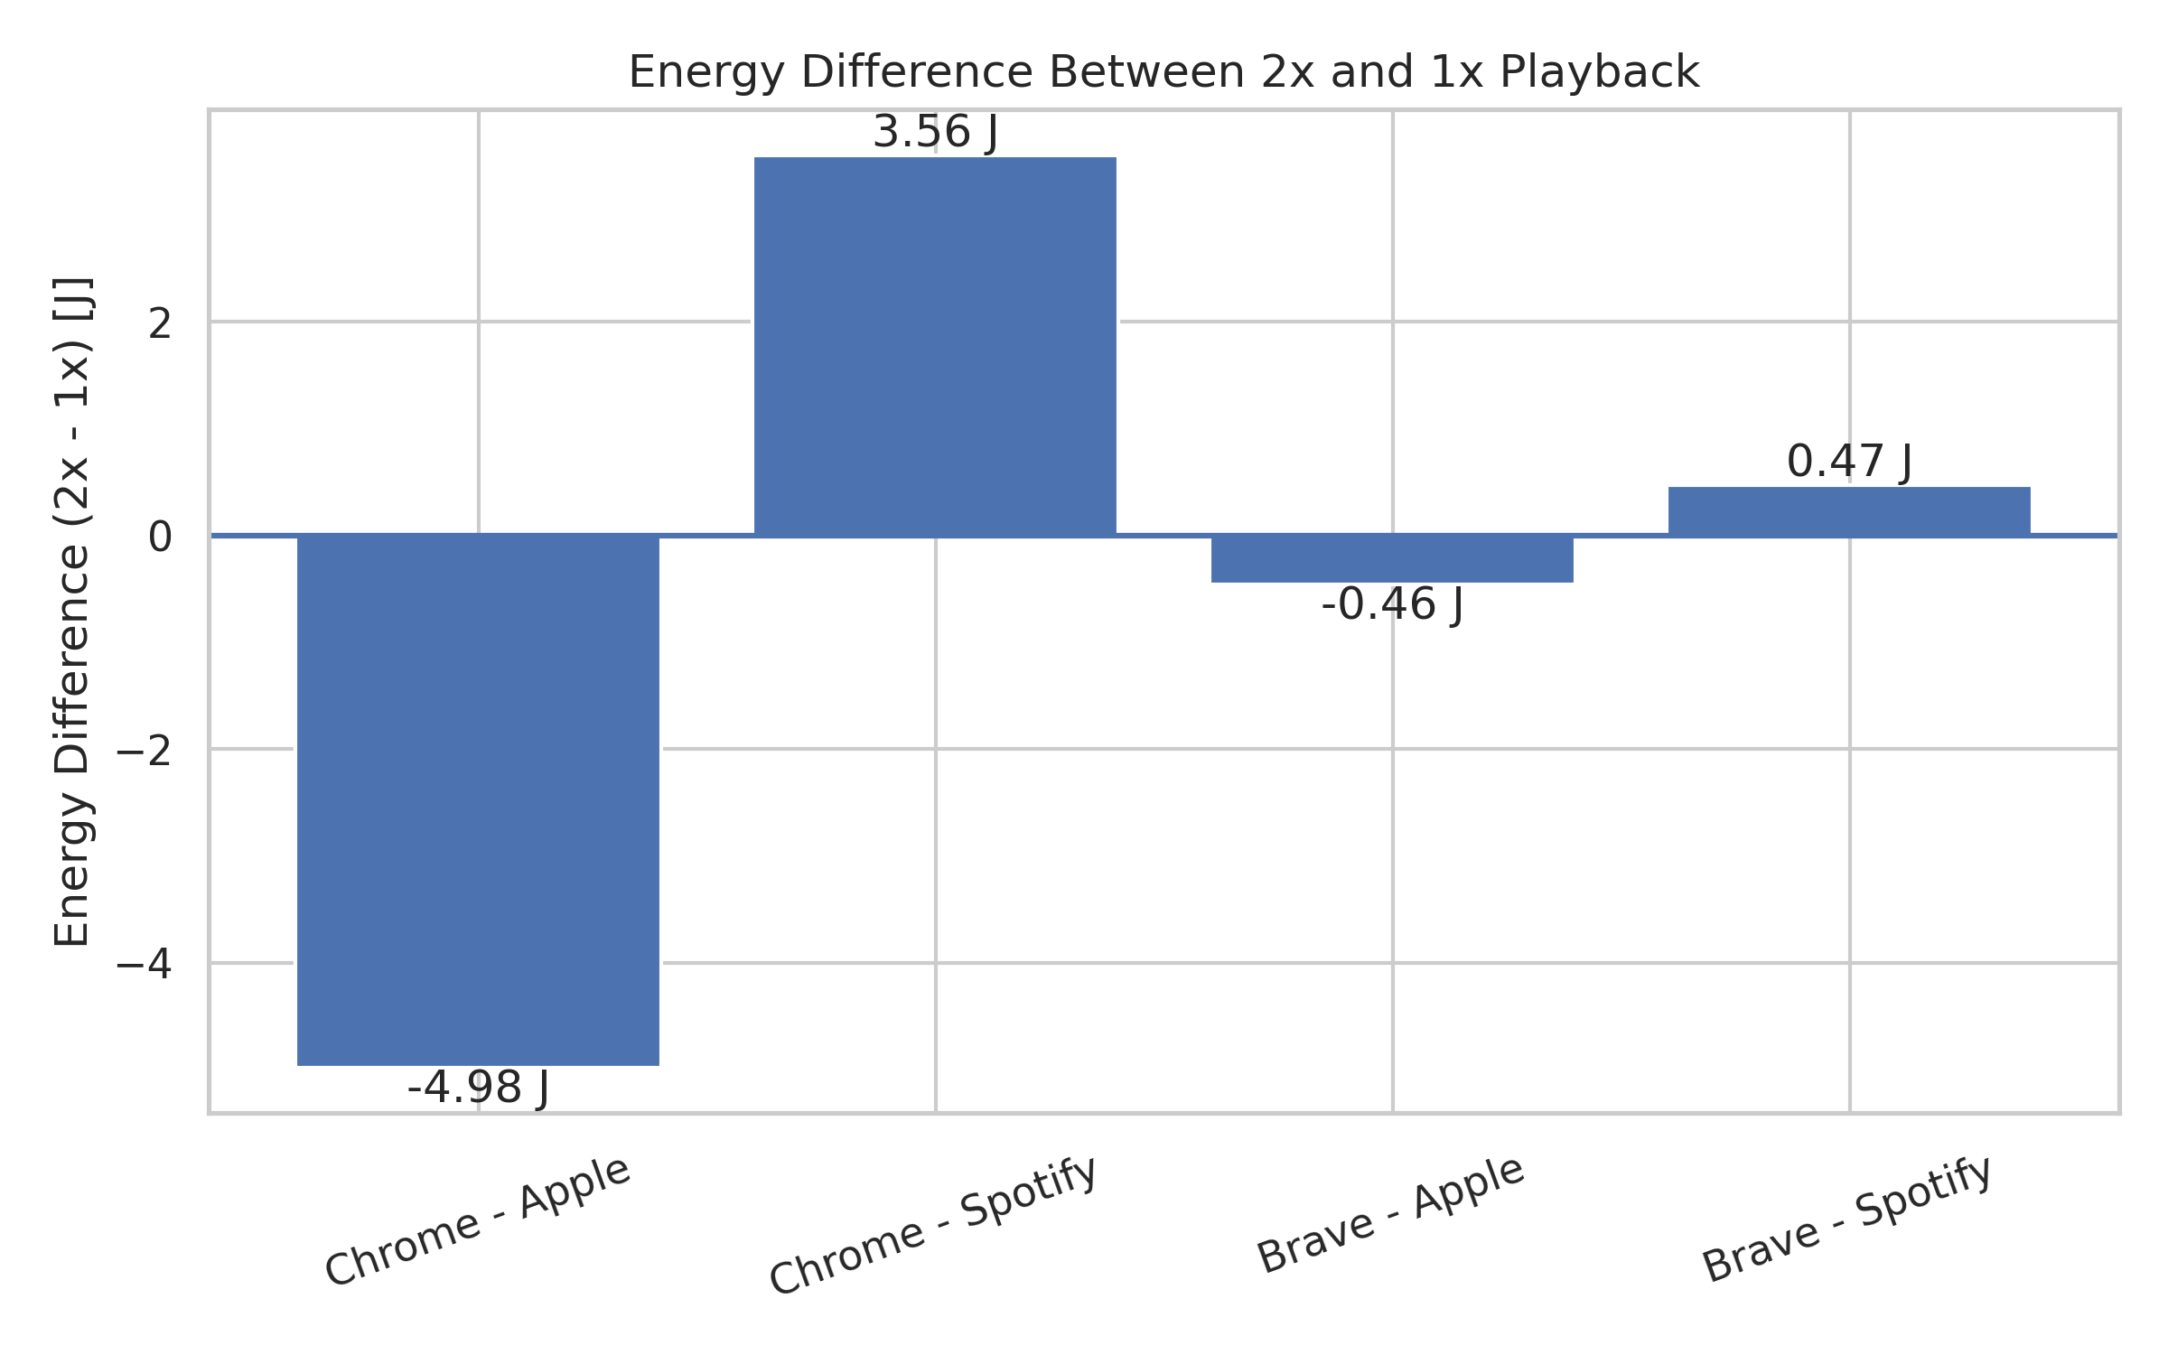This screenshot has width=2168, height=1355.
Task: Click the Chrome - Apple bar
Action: [x=478, y=799]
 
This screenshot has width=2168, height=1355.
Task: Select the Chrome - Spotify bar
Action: [x=935, y=347]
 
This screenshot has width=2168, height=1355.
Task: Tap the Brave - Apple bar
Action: [x=1392, y=559]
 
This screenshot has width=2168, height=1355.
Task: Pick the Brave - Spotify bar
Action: [x=1849, y=511]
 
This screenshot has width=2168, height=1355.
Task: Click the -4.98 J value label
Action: [x=478, y=1088]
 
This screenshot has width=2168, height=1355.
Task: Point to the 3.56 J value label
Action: [x=935, y=132]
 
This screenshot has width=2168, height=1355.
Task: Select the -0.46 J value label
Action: [x=1392, y=604]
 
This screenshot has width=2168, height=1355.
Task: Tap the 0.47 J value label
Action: [x=1849, y=462]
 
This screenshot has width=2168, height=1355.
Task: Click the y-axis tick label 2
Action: [x=160, y=323]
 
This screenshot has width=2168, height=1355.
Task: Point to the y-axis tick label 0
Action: [x=160, y=537]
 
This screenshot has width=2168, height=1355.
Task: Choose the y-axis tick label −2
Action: [x=145, y=751]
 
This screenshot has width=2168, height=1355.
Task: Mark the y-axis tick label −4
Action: [x=145, y=965]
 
